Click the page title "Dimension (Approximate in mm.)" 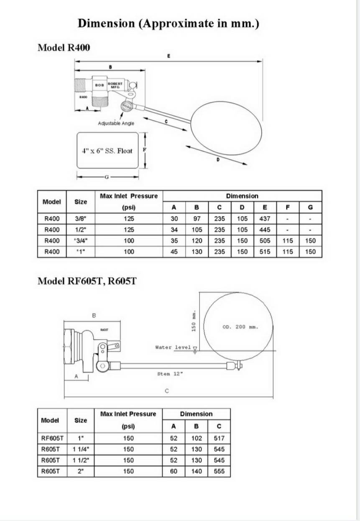pyautogui.click(x=169, y=23)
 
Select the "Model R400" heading pyautogui.click(x=64, y=47)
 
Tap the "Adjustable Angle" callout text pyautogui.click(x=116, y=123)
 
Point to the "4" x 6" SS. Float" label pyautogui.click(x=107, y=151)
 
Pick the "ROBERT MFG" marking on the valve pyautogui.click(x=115, y=84)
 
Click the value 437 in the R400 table pyautogui.click(x=264, y=218)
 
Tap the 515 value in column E pyautogui.click(x=264, y=252)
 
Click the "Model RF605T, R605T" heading pyautogui.click(x=87, y=281)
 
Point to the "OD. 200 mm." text pyautogui.click(x=240, y=327)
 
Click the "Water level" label pyautogui.click(x=173, y=347)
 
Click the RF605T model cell pyautogui.click(x=52, y=438)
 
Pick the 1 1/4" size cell pyautogui.click(x=80, y=449)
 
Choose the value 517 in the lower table pyautogui.click(x=219, y=438)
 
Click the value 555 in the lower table pyautogui.click(x=219, y=471)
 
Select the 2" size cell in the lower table pyautogui.click(x=80, y=471)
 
